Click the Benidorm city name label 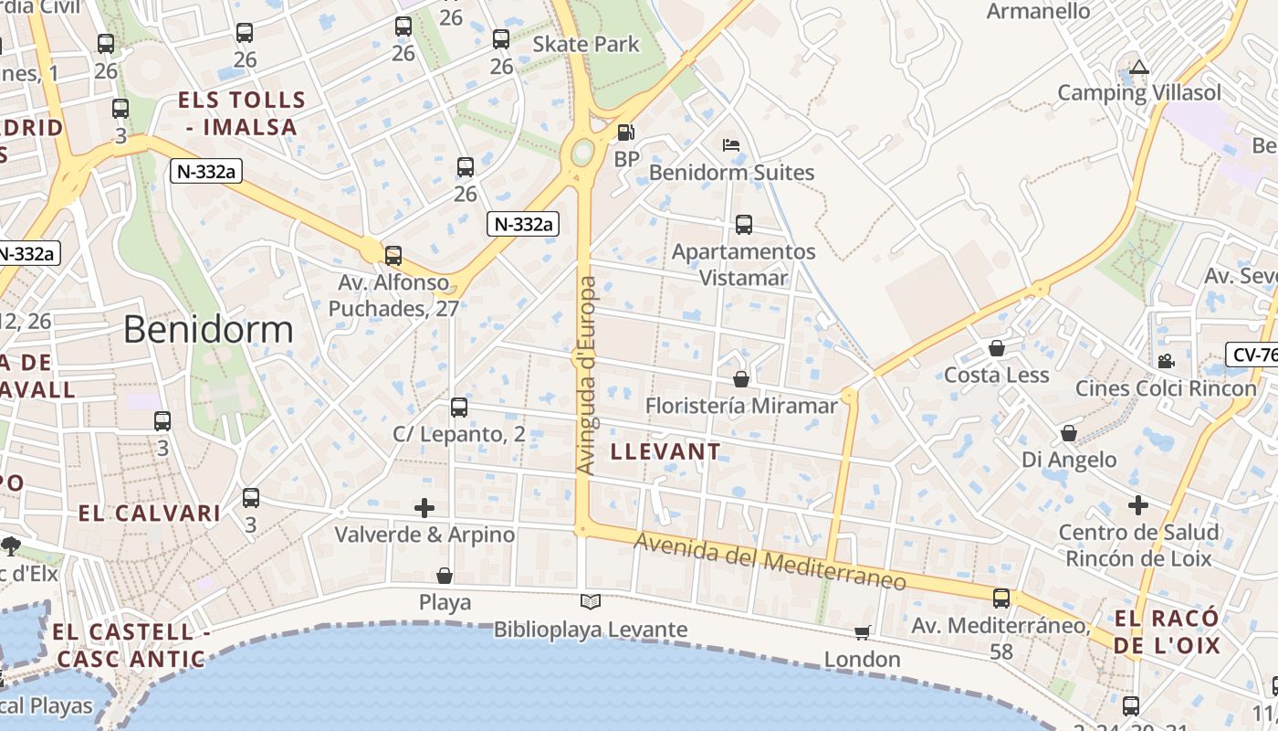click(x=208, y=330)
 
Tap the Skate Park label click(x=586, y=44)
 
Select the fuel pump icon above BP click(x=625, y=132)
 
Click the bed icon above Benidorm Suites click(x=731, y=145)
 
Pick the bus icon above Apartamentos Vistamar click(x=743, y=224)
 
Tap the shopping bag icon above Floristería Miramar click(x=740, y=378)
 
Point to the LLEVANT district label click(x=665, y=451)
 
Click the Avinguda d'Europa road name click(x=587, y=375)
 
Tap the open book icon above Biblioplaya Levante click(x=591, y=602)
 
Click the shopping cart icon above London click(x=862, y=632)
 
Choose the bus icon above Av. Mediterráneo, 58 click(x=1001, y=599)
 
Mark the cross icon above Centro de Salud click(x=1137, y=504)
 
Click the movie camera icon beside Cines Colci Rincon click(x=1166, y=361)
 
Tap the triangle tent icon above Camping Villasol click(x=1138, y=67)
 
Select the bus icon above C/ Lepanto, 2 click(x=458, y=407)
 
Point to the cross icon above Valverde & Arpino click(x=424, y=507)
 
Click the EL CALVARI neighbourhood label click(x=149, y=514)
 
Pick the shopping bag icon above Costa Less click(x=996, y=348)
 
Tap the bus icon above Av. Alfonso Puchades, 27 click(x=393, y=255)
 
